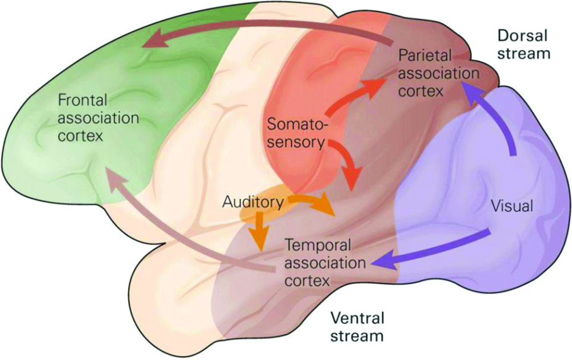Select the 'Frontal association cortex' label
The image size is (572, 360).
(x=98, y=119)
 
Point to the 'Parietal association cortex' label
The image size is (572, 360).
(x=439, y=73)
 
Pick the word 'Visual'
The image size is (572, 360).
(x=511, y=207)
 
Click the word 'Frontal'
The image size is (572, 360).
(x=83, y=101)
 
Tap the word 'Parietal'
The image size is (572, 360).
(x=426, y=56)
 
